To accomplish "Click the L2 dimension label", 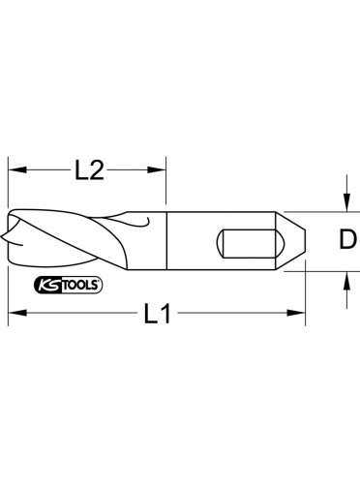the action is click(x=89, y=170).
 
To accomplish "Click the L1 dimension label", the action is click(x=157, y=313).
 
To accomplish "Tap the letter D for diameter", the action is click(x=347, y=239).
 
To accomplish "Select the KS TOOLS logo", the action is click(x=68, y=285).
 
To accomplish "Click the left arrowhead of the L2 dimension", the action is click(x=17, y=169).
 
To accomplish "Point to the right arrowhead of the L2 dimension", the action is click(x=157, y=169).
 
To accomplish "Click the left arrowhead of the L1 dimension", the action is click(x=17, y=313).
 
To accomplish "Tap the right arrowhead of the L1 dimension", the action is click(x=296, y=313).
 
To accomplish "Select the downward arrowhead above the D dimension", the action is click(x=346, y=202).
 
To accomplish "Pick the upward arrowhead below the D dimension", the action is click(x=346, y=281).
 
